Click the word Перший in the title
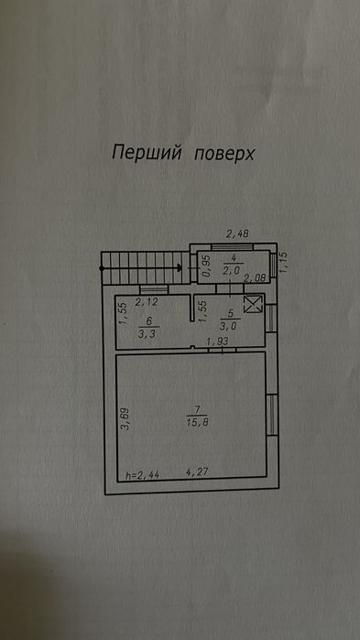[x=147, y=153]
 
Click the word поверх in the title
[x=224, y=155]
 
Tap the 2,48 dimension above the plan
[x=237, y=233]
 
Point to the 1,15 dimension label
[x=285, y=263]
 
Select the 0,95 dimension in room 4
[x=207, y=266]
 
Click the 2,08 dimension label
[x=255, y=278]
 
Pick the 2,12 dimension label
[x=147, y=302]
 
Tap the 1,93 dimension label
[x=217, y=342]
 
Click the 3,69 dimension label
[x=125, y=418]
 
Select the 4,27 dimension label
[x=197, y=472]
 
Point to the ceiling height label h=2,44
[x=143, y=474]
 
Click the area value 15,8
[x=198, y=423]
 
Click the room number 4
[x=233, y=258]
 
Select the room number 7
[x=198, y=409]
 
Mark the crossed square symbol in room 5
[x=253, y=304]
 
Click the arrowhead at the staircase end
[x=180, y=267]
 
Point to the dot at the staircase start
[x=102, y=268]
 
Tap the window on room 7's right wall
[x=272, y=415]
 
